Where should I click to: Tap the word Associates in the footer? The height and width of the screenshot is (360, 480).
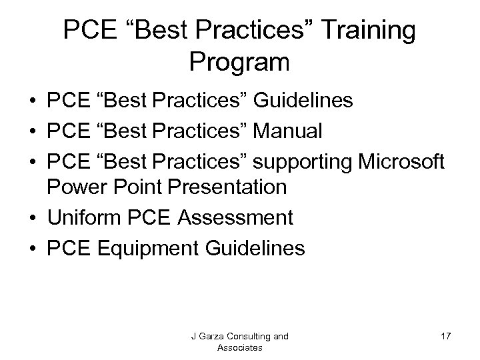[239, 347]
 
